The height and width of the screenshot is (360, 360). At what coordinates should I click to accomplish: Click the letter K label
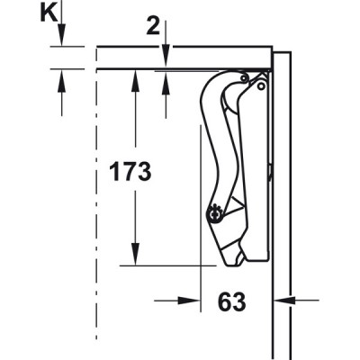pyautogui.click(x=49, y=13)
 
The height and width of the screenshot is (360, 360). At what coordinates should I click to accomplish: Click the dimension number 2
pyautogui.click(x=153, y=27)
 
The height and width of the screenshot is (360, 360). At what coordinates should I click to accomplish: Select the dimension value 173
pyautogui.click(x=130, y=171)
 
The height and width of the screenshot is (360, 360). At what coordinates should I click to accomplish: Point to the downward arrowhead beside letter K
pyautogui.click(x=62, y=35)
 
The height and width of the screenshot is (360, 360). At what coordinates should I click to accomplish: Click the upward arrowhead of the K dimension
pyautogui.click(x=62, y=80)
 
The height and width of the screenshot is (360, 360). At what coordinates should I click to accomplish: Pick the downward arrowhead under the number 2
pyautogui.click(x=166, y=57)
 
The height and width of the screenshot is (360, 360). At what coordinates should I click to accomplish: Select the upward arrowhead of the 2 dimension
pyautogui.click(x=166, y=83)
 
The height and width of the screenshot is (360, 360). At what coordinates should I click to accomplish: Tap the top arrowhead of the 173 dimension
pyautogui.click(x=135, y=81)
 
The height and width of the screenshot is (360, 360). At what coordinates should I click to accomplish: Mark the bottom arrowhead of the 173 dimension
pyautogui.click(x=135, y=254)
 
